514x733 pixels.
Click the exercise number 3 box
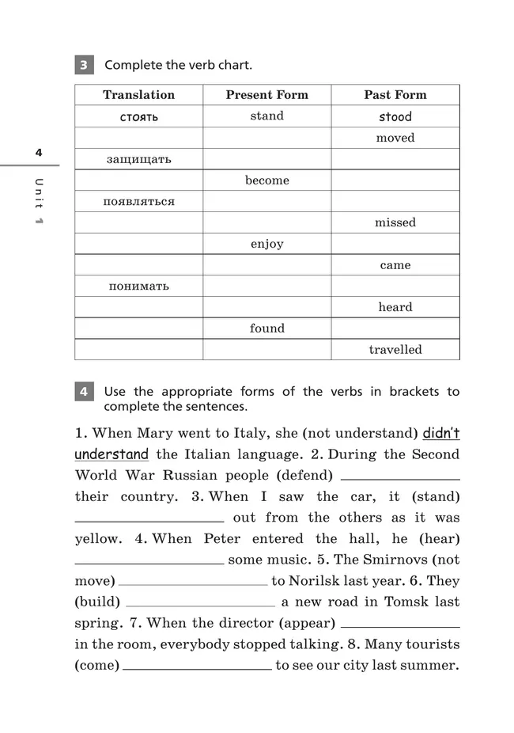click(84, 65)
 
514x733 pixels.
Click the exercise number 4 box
click(84, 392)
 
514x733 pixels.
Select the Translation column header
click(138, 95)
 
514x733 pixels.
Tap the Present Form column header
click(266, 95)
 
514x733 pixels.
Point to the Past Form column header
click(395, 95)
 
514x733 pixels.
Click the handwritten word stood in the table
click(395, 116)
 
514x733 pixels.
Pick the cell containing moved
click(395, 138)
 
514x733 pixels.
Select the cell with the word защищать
click(138, 159)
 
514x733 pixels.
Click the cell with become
click(266, 180)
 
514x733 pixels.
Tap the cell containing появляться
click(138, 202)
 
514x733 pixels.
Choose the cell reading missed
click(395, 222)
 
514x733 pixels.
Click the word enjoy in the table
click(266, 244)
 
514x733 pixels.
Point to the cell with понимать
click(138, 286)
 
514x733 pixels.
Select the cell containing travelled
click(395, 349)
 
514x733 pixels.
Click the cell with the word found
click(266, 329)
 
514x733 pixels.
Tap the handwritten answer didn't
click(441, 433)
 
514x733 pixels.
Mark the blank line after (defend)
click(400, 477)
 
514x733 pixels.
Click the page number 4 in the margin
click(37, 153)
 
